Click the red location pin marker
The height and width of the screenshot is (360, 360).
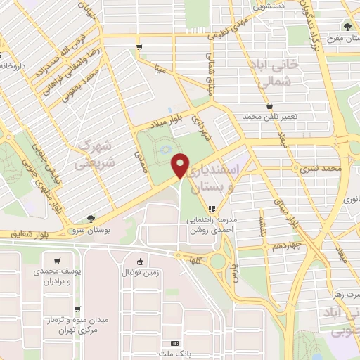tap(181, 165)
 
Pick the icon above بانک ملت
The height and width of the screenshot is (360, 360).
tap(175, 342)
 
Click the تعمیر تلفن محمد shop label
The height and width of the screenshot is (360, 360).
tap(271, 115)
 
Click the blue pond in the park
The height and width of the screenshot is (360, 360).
tap(163, 149)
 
